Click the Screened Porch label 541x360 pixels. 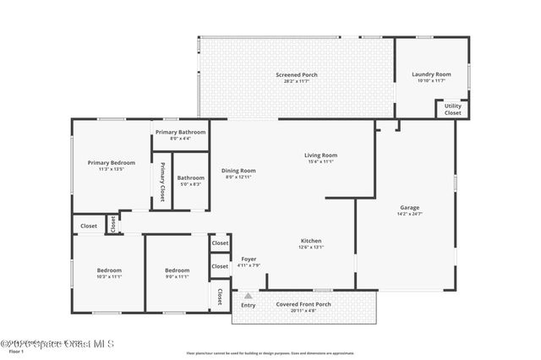coord(296,74)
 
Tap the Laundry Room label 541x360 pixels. coord(431,74)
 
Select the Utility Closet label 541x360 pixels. coord(453,109)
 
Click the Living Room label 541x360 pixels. coord(321,155)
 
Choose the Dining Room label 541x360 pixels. coord(239,171)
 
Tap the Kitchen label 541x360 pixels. coord(310,241)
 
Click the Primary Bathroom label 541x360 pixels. coord(180,133)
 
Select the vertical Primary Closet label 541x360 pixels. coord(161,181)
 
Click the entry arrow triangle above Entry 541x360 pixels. coord(248,296)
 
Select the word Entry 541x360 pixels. coord(248,305)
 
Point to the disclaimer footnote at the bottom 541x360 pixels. coord(270,352)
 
